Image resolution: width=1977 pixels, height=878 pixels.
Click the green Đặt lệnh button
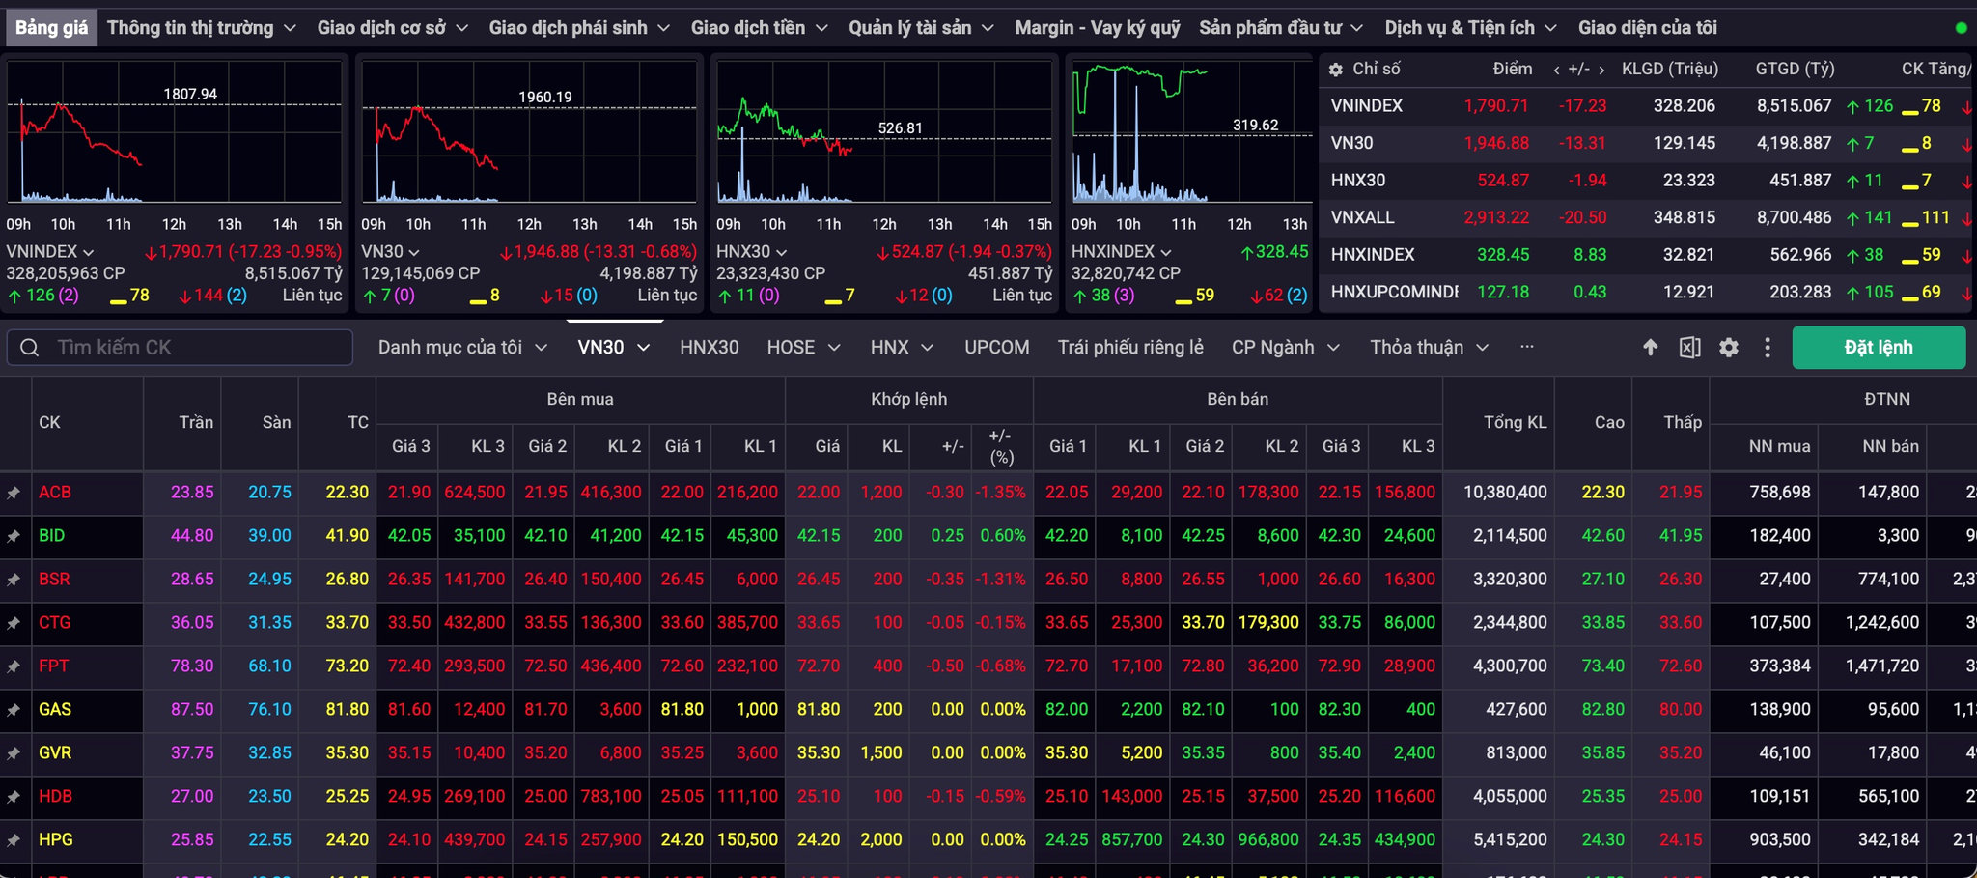pyautogui.click(x=1879, y=348)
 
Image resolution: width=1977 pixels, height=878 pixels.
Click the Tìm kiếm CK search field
pyautogui.click(x=180, y=348)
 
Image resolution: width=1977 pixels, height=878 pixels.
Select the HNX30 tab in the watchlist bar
pyautogui.click(x=709, y=348)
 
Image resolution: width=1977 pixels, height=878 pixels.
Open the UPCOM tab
pyautogui.click(x=996, y=348)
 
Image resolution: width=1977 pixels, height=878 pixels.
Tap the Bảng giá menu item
pyautogui.click(x=51, y=28)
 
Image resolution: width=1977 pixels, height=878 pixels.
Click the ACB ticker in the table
pyautogui.click(x=55, y=493)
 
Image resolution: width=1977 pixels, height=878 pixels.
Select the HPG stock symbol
pyautogui.click(x=56, y=840)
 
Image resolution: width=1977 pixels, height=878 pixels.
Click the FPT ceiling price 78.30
pyautogui.click(x=192, y=666)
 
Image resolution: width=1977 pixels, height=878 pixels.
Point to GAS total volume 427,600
pyautogui.click(x=1516, y=710)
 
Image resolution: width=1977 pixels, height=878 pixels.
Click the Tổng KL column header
pyautogui.click(x=1515, y=422)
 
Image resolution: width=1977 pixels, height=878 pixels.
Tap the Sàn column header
pyautogui.click(x=276, y=422)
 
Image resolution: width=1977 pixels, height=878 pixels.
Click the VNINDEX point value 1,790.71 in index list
pyautogui.click(x=1496, y=106)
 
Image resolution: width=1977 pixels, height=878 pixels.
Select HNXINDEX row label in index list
pyautogui.click(x=1373, y=255)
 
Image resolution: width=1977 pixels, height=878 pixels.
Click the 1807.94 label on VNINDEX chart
pyautogui.click(x=190, y=94)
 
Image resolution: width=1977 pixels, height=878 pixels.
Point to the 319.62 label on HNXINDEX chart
pyautogui.click(x=1255, y=125)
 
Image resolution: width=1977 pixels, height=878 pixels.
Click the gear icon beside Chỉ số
pyautogui.click(x=1336, y=70)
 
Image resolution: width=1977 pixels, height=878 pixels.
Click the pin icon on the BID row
pyautogui.click(x=14, y=536)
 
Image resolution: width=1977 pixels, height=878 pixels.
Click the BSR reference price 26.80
pyautogui.click(x=347, y=580)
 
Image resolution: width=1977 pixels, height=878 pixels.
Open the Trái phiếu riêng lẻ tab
pyautogui.click(x=1130, y=348)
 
